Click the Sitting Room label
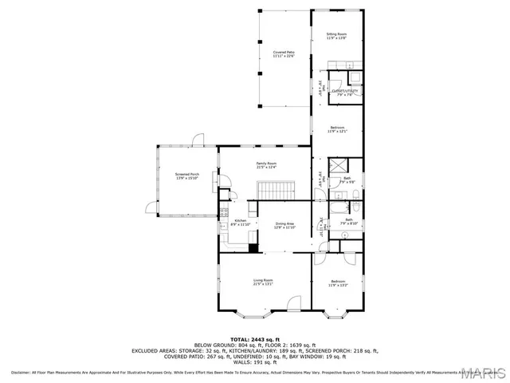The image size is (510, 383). tap(336, 36)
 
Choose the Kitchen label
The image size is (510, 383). tap(240, 223)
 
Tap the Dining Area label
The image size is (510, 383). tap(284, 225)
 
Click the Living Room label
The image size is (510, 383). tap(263, 282)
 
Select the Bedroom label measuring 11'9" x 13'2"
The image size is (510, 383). tap(338, 282)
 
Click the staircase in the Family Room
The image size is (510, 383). tap(276, 191)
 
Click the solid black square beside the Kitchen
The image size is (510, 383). tap(253, 247)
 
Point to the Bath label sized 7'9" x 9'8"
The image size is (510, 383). tap(347, 180)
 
